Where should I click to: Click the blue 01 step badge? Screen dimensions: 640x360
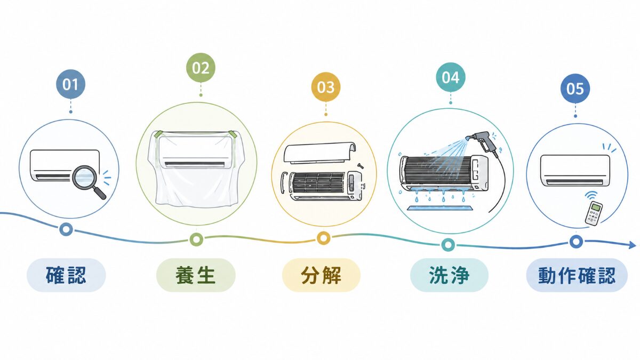point(70,84)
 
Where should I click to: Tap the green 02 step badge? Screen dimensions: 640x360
point(201,68)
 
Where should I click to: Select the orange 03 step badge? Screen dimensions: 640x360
point(326,87)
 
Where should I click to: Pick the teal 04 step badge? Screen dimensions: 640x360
point(451,77)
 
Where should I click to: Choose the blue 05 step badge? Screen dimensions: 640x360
point(575,89)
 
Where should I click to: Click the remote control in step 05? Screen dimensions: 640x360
point(594,213)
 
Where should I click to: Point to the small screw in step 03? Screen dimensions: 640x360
point(360,166)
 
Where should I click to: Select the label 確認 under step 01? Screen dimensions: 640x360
point(66,275)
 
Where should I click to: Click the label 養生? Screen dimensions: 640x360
point(195,275)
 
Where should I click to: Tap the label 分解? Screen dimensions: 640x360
point(321,275)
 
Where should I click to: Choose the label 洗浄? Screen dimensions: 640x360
point(449,275)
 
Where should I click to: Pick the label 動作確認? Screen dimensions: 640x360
point(577,275)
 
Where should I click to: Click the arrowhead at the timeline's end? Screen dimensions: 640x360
point(633,245)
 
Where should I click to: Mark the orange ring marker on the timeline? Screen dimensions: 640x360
point(323,238)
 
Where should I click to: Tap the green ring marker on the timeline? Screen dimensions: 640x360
point(196,239)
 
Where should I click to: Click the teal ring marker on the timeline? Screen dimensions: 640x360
point(448,245)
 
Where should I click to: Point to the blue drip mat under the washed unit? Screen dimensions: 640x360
point(439,207)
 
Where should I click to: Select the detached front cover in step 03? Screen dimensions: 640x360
point(320,153)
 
